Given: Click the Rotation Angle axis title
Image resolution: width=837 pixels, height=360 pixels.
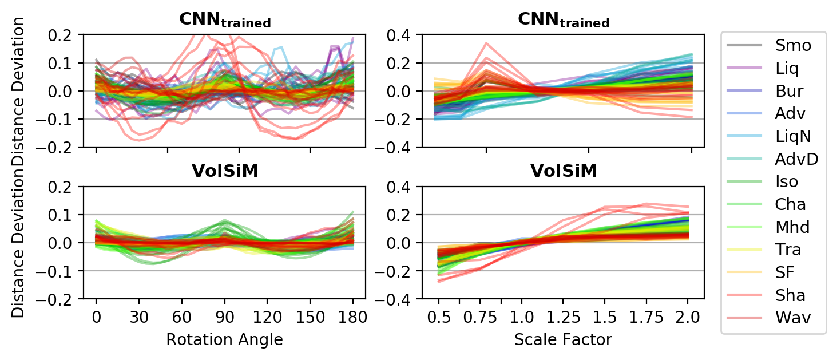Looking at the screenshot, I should coord(224,340).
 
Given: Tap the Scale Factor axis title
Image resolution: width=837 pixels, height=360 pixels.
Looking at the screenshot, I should coord(563,340).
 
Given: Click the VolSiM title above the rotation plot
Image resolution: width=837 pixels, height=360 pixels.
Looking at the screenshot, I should coord(224,172).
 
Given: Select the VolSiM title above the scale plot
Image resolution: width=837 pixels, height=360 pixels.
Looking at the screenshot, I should coord(563,172).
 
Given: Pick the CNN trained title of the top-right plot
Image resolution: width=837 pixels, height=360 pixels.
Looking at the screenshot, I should coord(563,20).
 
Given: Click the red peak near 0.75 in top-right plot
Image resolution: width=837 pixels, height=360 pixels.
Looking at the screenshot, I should coord(486,43).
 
